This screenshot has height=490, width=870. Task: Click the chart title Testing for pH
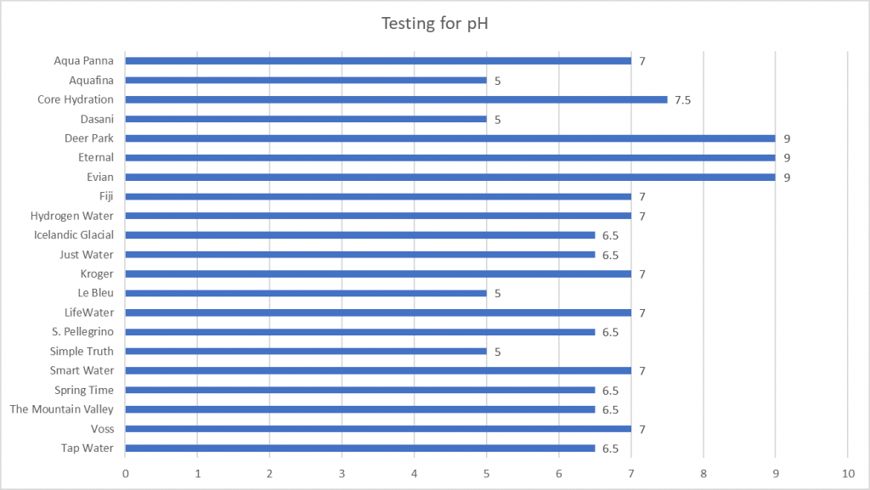434,23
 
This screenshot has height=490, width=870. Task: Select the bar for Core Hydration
396,99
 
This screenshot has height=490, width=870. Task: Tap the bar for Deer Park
450,138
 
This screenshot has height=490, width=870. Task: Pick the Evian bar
450,177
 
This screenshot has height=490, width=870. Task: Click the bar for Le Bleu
306,294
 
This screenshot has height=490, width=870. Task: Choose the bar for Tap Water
360,448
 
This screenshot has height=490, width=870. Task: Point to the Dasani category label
97,119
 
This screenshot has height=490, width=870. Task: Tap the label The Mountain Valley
61,409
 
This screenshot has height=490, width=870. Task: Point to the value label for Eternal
788,158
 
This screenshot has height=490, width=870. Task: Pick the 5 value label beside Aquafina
498,81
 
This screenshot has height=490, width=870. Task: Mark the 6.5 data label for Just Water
610,255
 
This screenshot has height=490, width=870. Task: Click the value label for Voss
642,429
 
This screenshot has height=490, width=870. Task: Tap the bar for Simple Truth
306,352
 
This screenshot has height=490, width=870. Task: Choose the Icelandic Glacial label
74,235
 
